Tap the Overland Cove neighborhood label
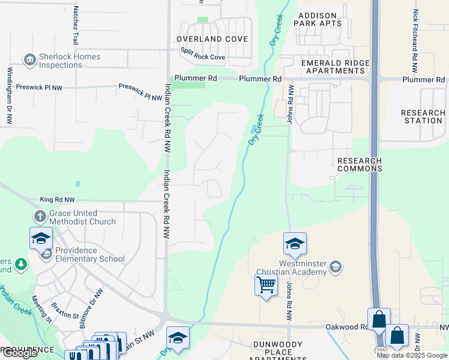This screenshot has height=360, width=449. (x=212, y=39)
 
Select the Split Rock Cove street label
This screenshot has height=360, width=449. (x=203, y=58)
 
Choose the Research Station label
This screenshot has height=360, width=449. (x=423, y=116)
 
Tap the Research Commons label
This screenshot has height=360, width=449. (x=359, y=164)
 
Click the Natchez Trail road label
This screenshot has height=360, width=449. (x=76, y=25)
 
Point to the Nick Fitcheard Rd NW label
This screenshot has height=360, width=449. (x=415, y=33)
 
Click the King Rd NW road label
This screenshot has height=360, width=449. (x=58, y=200)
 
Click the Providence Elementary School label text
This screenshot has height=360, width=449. (x=90, y=255)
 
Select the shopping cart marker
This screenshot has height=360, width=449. (x=266, y=284)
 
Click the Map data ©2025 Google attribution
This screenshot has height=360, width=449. (x=412, y=355)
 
